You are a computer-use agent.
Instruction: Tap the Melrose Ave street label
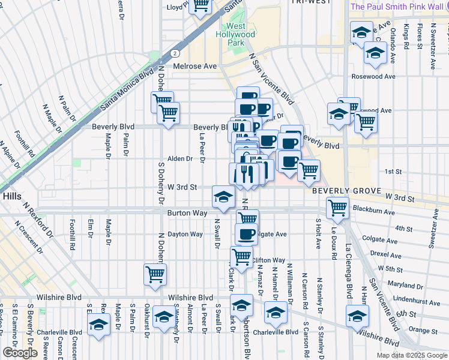point(194,66)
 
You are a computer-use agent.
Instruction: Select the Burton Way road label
point(187,213)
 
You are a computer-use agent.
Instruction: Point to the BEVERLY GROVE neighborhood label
point(347,190)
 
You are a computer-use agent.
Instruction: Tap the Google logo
point(20,353)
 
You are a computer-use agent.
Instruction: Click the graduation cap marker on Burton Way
point(223,197)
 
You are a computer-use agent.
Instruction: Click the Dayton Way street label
point(185,234)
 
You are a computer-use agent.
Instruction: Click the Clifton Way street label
point(268,260)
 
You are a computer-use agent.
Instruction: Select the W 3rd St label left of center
point(183,187)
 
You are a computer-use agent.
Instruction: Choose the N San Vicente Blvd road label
point(271,80)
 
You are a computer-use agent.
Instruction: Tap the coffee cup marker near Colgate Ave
point(246,233)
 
